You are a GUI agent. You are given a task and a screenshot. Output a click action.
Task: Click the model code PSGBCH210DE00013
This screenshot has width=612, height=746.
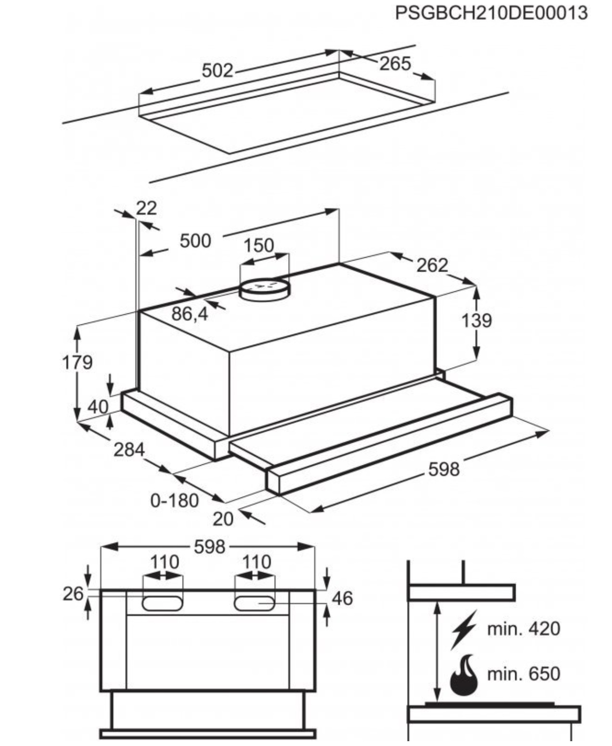tap(491, 13)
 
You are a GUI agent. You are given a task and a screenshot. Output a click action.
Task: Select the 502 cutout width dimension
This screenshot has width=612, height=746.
tap(217, 71)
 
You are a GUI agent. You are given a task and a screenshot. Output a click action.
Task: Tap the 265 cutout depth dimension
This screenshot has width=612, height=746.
tap(395, 63)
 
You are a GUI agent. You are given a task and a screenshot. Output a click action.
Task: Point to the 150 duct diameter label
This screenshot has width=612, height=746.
tap(258, 245)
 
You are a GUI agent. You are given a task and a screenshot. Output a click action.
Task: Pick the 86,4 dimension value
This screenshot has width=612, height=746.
tap(190, 314)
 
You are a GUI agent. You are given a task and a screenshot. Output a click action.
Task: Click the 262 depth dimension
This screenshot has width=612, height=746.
tap(432, 265)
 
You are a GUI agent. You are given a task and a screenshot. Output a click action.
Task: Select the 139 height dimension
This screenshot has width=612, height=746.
tap(476, 321)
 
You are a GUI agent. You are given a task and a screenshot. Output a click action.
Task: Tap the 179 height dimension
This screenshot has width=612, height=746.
tap(77, 362)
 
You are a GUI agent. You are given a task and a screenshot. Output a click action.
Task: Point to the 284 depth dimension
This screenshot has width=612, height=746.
tap(128, 450)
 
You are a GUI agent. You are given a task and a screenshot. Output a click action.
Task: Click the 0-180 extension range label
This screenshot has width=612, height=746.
tap(174, 500)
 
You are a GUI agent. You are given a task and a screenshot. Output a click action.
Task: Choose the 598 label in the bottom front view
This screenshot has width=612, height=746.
tap(209, 547)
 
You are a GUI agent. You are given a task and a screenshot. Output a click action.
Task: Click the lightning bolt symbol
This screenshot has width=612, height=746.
tap(463, 629)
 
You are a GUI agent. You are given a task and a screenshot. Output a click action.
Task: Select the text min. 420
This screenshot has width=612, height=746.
tap(523, 629)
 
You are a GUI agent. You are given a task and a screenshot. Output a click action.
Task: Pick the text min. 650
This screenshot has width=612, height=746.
tap(523, 673)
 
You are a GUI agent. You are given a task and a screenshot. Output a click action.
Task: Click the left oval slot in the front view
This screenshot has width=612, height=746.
tap(163, 603)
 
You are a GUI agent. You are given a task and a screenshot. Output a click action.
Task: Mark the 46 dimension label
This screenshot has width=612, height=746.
tap(342, 598)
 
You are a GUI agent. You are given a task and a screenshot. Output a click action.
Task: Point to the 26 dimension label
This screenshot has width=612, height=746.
tap(73, 594)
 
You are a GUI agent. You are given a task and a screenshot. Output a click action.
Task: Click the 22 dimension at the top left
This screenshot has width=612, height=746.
tap(146, 208)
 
